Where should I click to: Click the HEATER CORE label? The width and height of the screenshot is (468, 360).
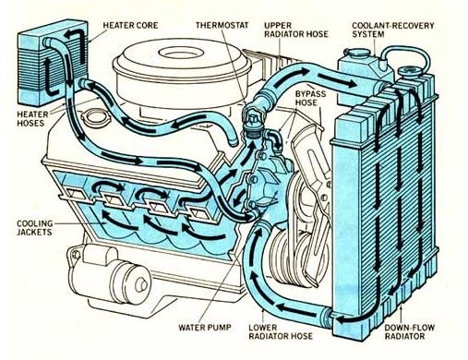click(130, 25)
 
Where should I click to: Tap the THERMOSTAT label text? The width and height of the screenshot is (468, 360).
click(222, 25)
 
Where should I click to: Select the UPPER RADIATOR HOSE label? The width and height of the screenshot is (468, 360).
click(296, 30)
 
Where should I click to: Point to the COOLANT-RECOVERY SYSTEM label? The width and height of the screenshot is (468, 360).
click(393, 30)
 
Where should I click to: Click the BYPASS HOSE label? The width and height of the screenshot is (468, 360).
click(310, 98)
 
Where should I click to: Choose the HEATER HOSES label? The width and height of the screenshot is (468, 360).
click(32, 119)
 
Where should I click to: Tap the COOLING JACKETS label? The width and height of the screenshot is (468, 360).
click(34, 228)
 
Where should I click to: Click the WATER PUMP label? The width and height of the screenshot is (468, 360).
click(205, 327)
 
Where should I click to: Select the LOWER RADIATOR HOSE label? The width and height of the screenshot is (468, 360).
click(281, 331)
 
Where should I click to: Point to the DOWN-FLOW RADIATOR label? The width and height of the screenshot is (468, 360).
click(410, 332)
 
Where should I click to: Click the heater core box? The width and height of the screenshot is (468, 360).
click(53, 63)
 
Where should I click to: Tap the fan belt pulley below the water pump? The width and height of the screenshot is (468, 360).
click(291, 257)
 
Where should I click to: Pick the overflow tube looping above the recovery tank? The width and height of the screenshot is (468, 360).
click(405, 57)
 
